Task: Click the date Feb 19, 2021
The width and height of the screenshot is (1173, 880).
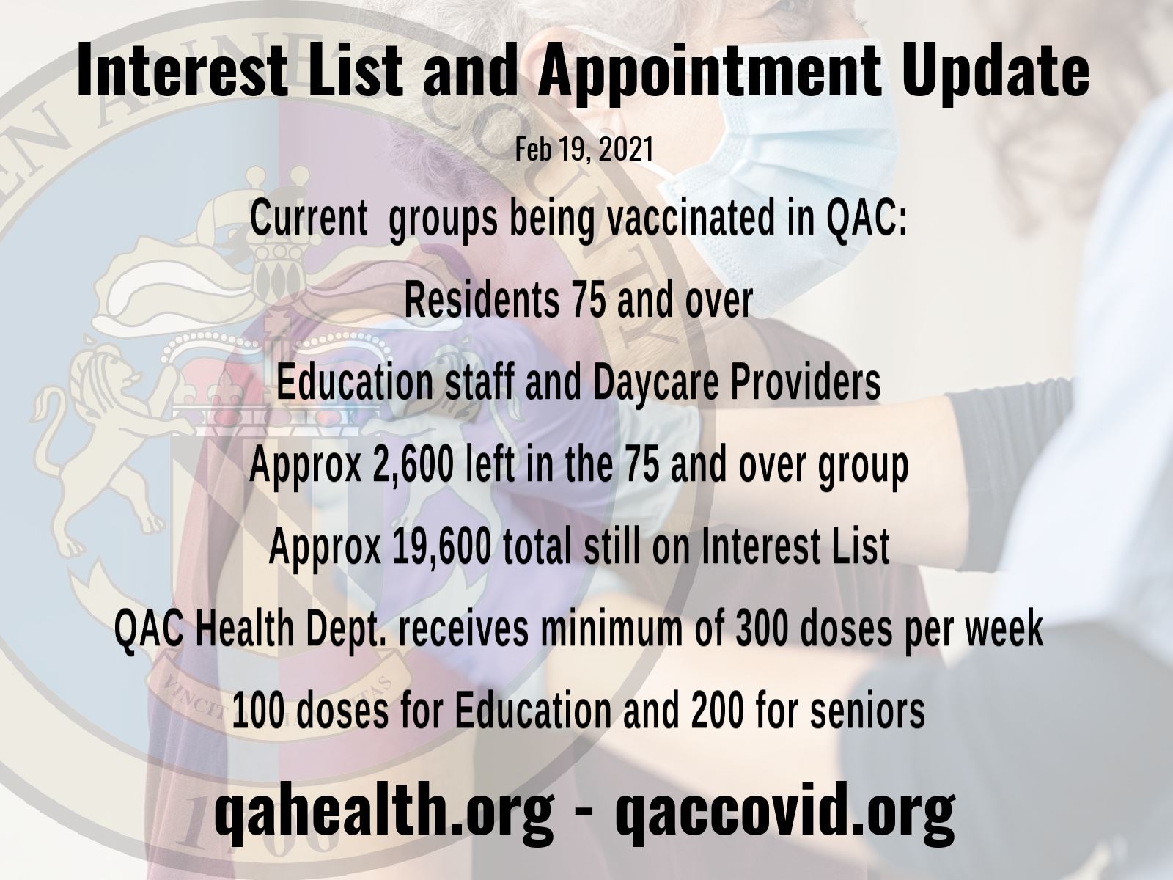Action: click(x=584, y=150)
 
